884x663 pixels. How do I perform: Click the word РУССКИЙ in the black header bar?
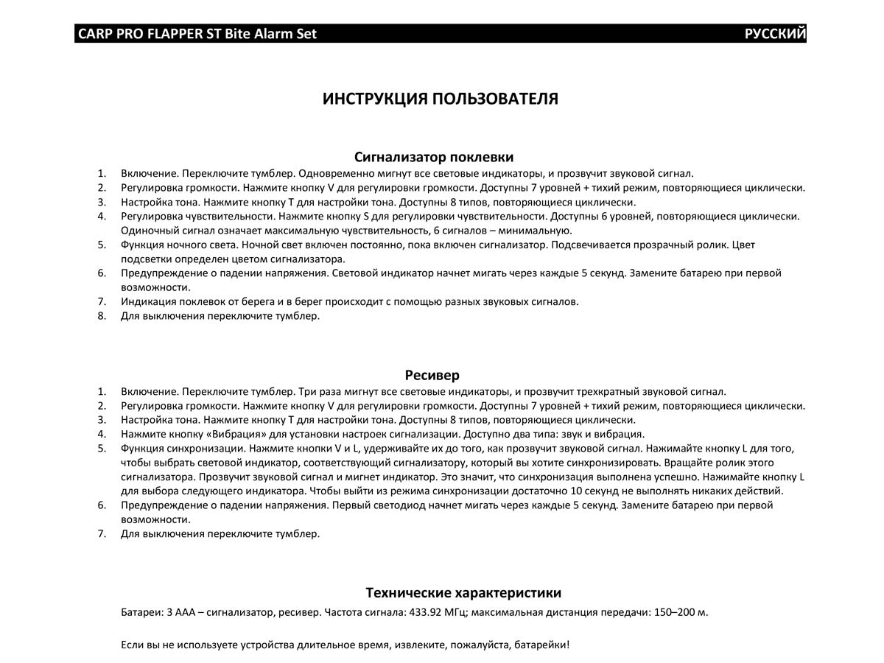coord(775,34)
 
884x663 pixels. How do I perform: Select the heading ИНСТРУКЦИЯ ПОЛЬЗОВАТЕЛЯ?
coord(440,99)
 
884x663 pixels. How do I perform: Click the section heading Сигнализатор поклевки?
coord(434,157)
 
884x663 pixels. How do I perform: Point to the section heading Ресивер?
coord(432,375)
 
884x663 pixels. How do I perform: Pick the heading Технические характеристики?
coord(463,593)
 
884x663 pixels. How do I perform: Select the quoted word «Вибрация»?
coord(236,434)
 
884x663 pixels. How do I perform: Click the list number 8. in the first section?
coord(102,316)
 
